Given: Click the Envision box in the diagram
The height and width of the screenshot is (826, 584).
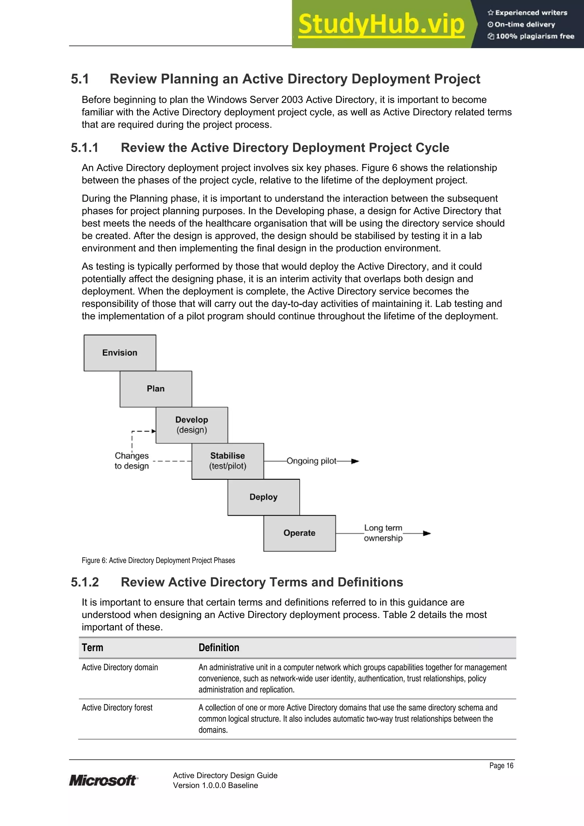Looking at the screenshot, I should click(120, 353).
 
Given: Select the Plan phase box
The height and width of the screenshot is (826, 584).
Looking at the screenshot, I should click(155, 389).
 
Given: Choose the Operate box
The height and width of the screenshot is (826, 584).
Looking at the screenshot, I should click(299, 533).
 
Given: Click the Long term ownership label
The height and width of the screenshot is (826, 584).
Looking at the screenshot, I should click(383, 533).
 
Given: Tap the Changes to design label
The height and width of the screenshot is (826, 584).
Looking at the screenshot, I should click(132, 461).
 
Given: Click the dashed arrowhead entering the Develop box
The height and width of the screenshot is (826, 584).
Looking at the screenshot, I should click(154, 431).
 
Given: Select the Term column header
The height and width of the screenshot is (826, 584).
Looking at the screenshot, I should click(92, 648).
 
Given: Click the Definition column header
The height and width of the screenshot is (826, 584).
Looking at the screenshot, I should click(219, 648).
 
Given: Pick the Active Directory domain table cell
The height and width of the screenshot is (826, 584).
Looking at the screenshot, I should click(120, 667).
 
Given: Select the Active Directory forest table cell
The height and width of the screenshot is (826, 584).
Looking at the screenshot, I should click(117, 708).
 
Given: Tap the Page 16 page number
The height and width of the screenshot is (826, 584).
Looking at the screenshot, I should click(501, 766).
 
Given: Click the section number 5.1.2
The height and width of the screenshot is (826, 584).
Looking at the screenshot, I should click(85, 582).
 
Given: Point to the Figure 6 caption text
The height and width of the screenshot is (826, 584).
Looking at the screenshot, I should click(158, 560).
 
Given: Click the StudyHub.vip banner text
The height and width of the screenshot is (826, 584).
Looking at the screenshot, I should click(381, 24).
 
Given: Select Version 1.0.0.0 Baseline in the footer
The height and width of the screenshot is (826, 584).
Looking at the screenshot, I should click(215, 785).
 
